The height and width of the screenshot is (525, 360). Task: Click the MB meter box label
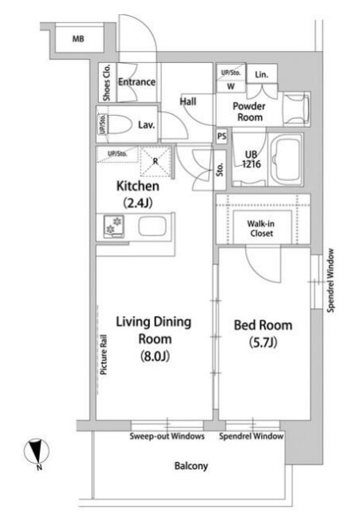78,39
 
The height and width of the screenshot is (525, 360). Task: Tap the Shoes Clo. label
106,82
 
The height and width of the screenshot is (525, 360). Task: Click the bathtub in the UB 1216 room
287,160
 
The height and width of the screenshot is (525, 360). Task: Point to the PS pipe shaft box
221,136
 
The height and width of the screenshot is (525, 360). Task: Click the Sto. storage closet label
220,170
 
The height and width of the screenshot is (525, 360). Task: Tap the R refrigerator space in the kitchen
156,161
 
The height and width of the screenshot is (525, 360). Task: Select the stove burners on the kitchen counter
114,226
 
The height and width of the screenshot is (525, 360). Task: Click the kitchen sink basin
152,226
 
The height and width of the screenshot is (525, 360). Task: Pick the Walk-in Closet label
261,228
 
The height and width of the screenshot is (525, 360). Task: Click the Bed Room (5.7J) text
263,334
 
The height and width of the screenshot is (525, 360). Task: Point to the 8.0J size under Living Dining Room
155,356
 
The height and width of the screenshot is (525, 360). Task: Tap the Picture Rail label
104,354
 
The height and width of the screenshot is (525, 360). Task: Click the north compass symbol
37,452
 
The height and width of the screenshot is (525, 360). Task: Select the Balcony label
191,466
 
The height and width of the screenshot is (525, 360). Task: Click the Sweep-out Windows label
167,436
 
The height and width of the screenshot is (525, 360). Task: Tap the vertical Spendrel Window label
330,281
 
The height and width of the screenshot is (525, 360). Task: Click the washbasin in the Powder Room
296,109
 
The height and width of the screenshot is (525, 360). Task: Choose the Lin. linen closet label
262,74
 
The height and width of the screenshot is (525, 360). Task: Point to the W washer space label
231,86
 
